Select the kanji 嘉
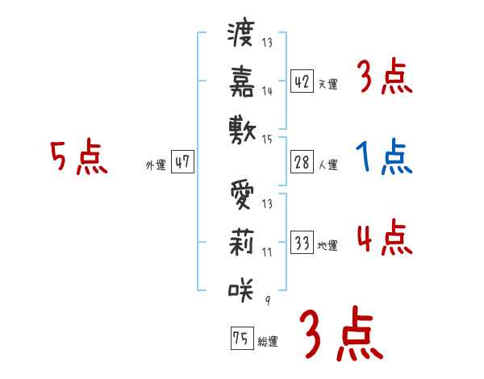pos(242,82)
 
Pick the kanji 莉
pos(242,242)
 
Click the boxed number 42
pos(302,81)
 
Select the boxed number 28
pos(302,161)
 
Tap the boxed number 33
pos(302,242)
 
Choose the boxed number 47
pos(181,161)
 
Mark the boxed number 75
pos(240,338)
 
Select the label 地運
pos(328,246)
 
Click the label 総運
pos(268,342)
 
